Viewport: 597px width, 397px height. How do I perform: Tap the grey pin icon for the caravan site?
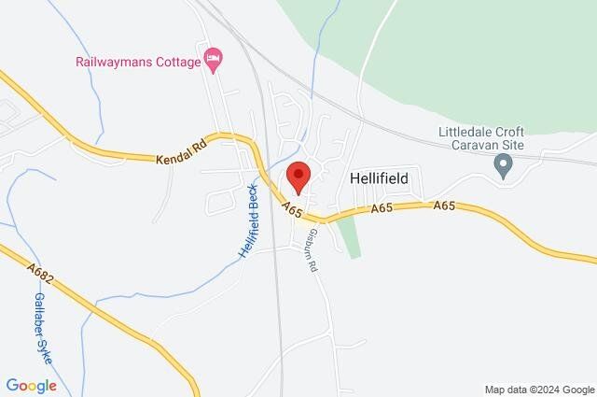(504, 168)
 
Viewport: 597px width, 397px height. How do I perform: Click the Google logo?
(31, 386)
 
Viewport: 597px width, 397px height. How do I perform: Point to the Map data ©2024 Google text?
(538, 390)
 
